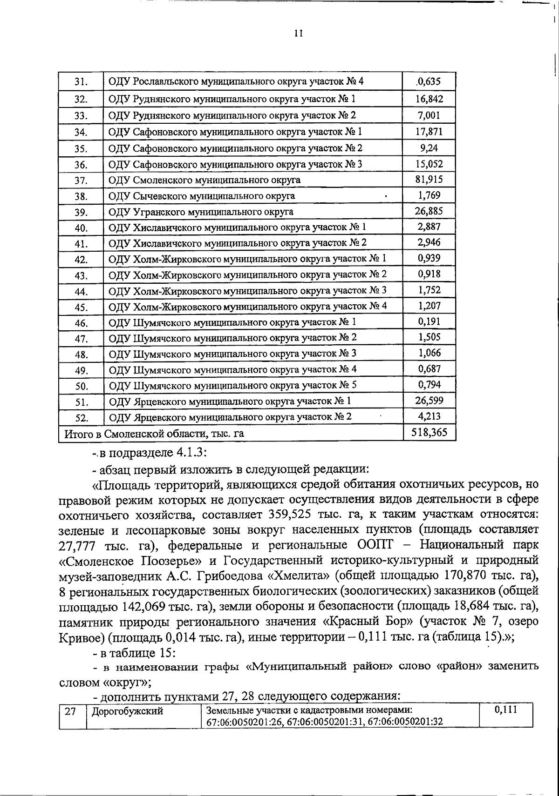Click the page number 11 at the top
pyautogui.click(x=299, y=33)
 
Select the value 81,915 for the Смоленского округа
pyautogui.click(x=429, y=180)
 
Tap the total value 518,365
pyautogui.click(x=429, y=433)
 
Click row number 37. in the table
pyautogui.click(x=82, y=181)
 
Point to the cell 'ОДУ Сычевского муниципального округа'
pyautogui.click(x=201, y=196)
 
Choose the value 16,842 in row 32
pyautogui.click(x=429, y=99)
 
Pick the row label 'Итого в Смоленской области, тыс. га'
pyautogui.click(x=154, y=434)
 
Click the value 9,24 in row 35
pyautogui.click(x=429, y=148)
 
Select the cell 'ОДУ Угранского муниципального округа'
pyautogui.click(x=201, y=212)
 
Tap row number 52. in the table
pyautogui.click(x=82, y=418)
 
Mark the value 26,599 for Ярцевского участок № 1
pyautogui.click(x=429, y=401)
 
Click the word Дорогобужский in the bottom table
pyautogui.click(x=127, y=711)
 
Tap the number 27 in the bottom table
pyautogui.click(x=70, y=711)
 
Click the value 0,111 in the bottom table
pyautogui.click(x=506, y=710)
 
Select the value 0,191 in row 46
pyautogui.click(x=429, y=321)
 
